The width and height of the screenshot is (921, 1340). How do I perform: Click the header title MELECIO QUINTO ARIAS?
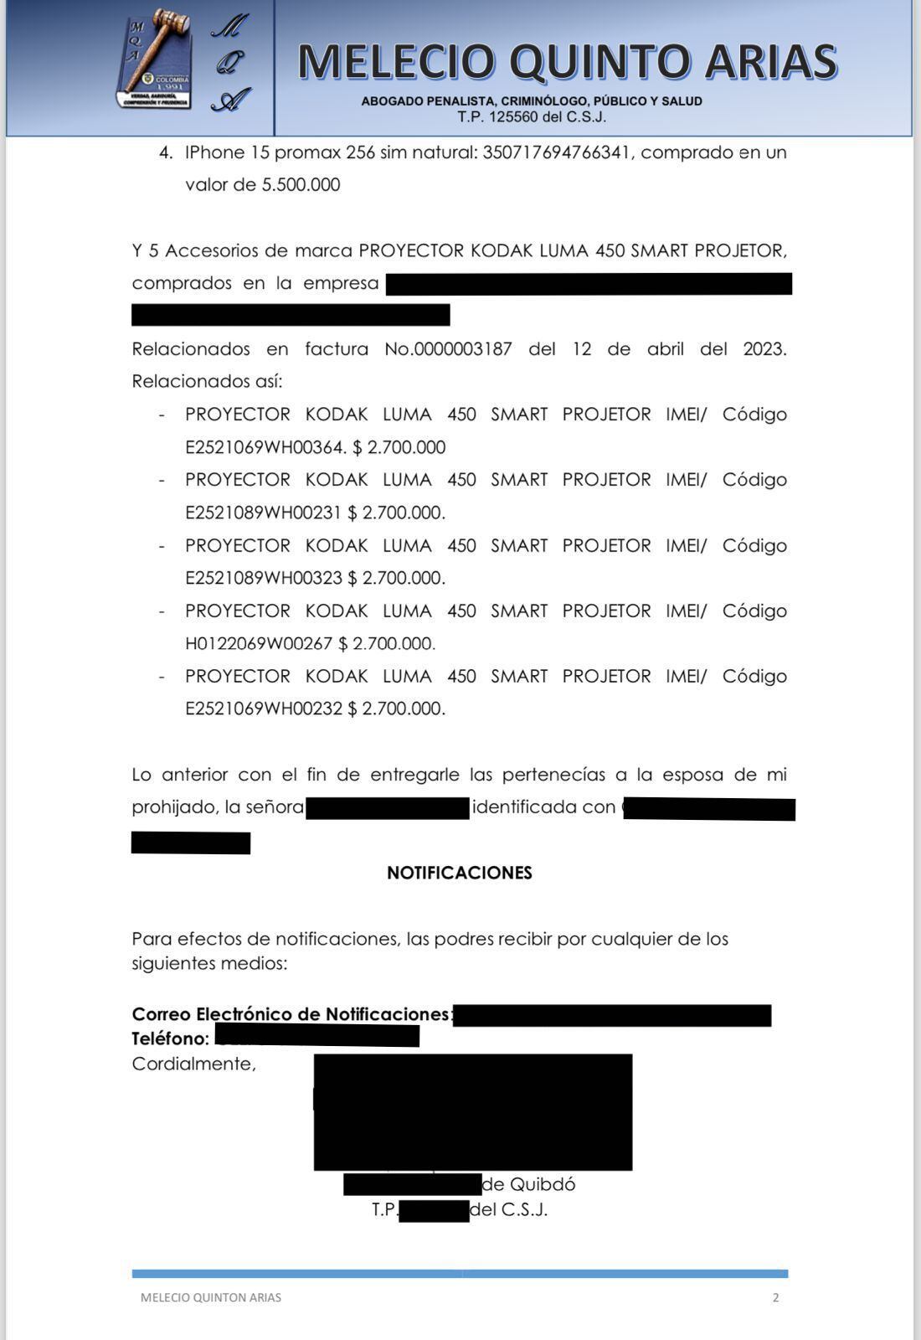567,62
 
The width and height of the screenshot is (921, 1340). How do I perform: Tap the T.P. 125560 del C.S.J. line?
532,117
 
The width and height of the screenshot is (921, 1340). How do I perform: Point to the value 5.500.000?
301,185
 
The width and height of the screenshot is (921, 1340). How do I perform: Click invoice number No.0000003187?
448,349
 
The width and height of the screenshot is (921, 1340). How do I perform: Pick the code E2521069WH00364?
265,447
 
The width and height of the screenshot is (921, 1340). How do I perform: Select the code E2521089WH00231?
263,513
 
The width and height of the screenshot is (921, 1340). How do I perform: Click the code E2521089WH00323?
263,578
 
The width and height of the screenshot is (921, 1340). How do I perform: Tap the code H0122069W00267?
259,643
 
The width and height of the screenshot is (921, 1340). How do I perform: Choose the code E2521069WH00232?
263,709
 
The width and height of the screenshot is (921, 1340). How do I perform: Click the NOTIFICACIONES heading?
459,873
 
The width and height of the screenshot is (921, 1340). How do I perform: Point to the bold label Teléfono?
170,1038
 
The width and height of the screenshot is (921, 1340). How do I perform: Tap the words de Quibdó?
529,1184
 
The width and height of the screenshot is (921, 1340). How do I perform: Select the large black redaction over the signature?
473,1111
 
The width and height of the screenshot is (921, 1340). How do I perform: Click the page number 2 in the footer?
775,1297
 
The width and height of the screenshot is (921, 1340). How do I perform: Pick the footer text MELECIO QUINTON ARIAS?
211,1297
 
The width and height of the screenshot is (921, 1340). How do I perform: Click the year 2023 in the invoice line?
764,349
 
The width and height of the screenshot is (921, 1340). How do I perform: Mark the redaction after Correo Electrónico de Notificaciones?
611,1015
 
